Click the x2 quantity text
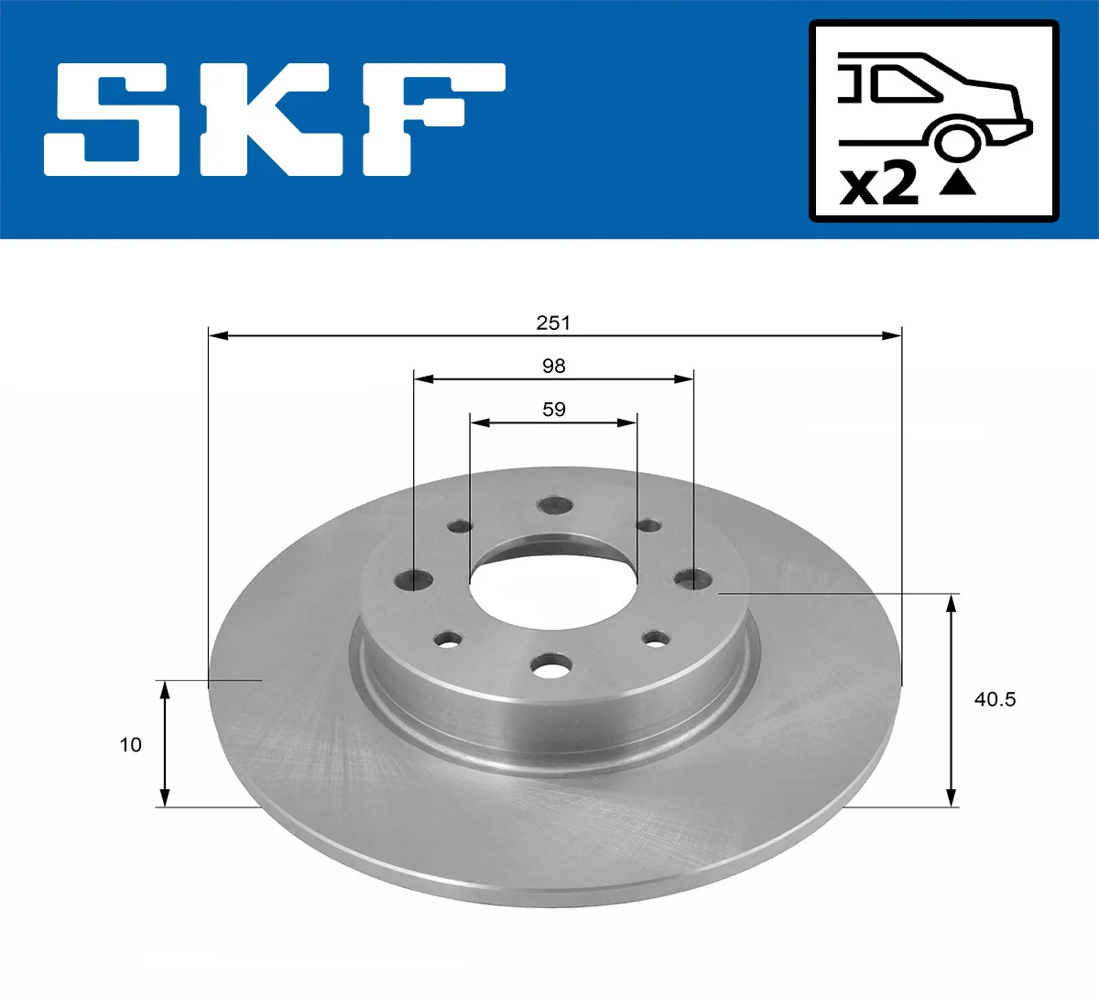click(879, 184)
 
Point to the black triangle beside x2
click(958, 182)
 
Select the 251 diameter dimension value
click(553, 323)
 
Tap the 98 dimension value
click(553, 367)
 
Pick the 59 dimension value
click(553, 410)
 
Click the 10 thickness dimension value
click(131, 745)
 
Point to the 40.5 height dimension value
click(995, 699)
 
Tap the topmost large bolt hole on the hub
click(554, 507)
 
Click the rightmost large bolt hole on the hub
click(692, 579)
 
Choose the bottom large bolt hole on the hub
click(552, 668)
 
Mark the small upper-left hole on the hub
click(460, 527)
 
